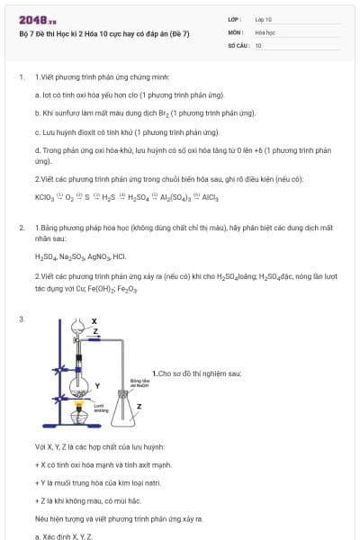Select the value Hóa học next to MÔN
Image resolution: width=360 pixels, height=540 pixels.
265,31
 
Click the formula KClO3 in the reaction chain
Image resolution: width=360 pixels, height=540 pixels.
44,197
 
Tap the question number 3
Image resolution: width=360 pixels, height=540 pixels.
21,319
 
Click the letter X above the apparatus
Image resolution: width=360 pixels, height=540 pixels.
94,321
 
